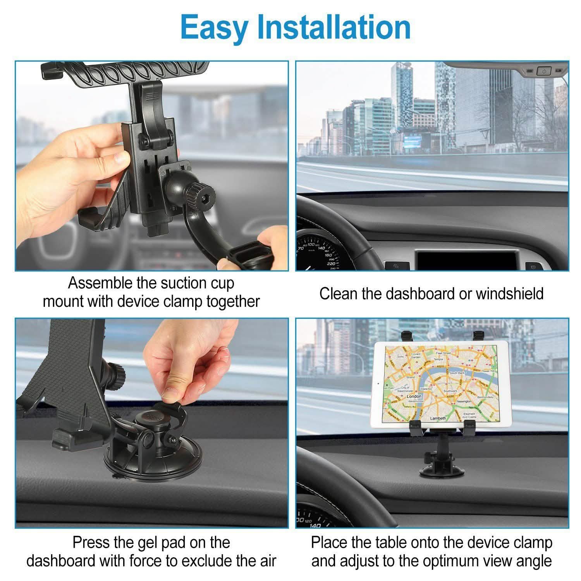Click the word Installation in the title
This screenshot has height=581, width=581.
coord(334,27)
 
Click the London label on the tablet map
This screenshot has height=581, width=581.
coord(414,396)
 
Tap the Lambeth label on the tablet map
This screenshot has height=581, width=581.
coord(438,418)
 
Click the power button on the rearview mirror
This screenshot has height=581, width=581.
coord(544,71)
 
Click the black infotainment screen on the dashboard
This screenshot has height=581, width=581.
coord(467,259)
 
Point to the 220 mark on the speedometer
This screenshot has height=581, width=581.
coord(330,263)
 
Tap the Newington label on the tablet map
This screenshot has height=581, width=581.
coord(464,402)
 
